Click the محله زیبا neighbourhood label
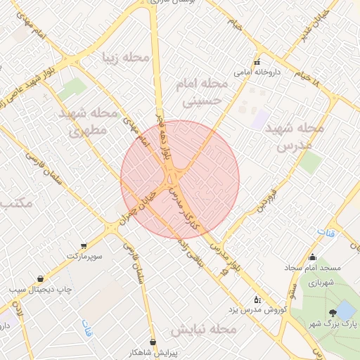coord(127,57)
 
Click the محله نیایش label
coord(203,329)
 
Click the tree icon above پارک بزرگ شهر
coord(331,313)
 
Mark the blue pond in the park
coord(345,309)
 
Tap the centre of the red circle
coord(180,180)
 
